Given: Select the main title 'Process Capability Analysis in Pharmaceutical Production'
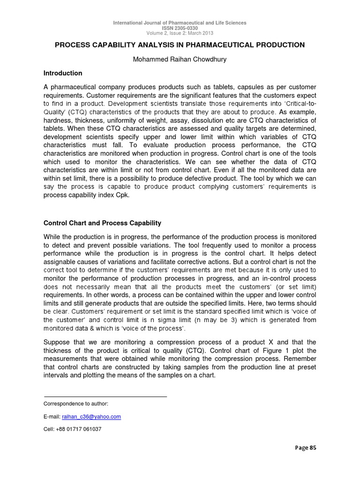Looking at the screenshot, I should coord(180,45).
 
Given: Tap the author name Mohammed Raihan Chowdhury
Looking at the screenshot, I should coord(180,60).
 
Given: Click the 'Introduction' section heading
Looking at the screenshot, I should coord(63,73).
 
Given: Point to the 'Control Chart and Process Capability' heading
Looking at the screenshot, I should coord(102,223).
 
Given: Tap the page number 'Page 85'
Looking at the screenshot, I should coord(306,448).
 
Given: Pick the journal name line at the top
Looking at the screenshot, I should coord(180,23).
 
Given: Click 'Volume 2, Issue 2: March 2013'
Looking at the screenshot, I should coord(180,33).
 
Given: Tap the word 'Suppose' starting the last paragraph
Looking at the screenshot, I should coord(58,342).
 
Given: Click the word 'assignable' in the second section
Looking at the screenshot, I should coord(61,262).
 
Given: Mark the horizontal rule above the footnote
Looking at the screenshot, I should coord(105,397).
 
